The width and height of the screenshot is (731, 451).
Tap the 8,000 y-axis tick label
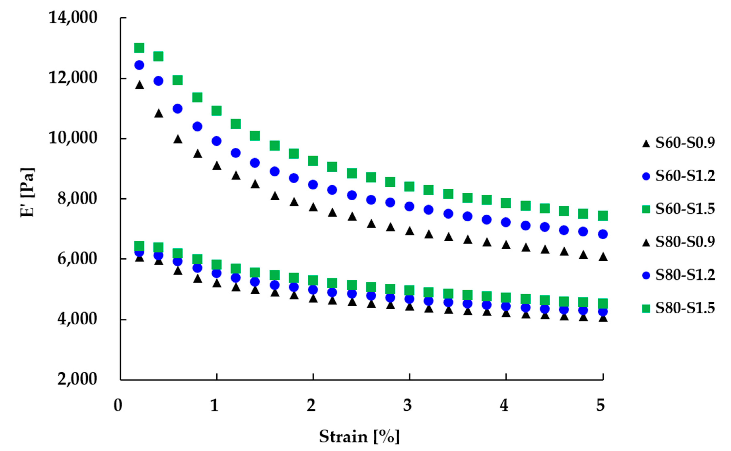77,198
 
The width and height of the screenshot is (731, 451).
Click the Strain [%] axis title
359,437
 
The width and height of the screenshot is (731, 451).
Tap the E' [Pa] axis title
27,193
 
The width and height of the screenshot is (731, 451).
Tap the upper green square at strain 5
603,215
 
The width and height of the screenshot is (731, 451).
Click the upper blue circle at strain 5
603,234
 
